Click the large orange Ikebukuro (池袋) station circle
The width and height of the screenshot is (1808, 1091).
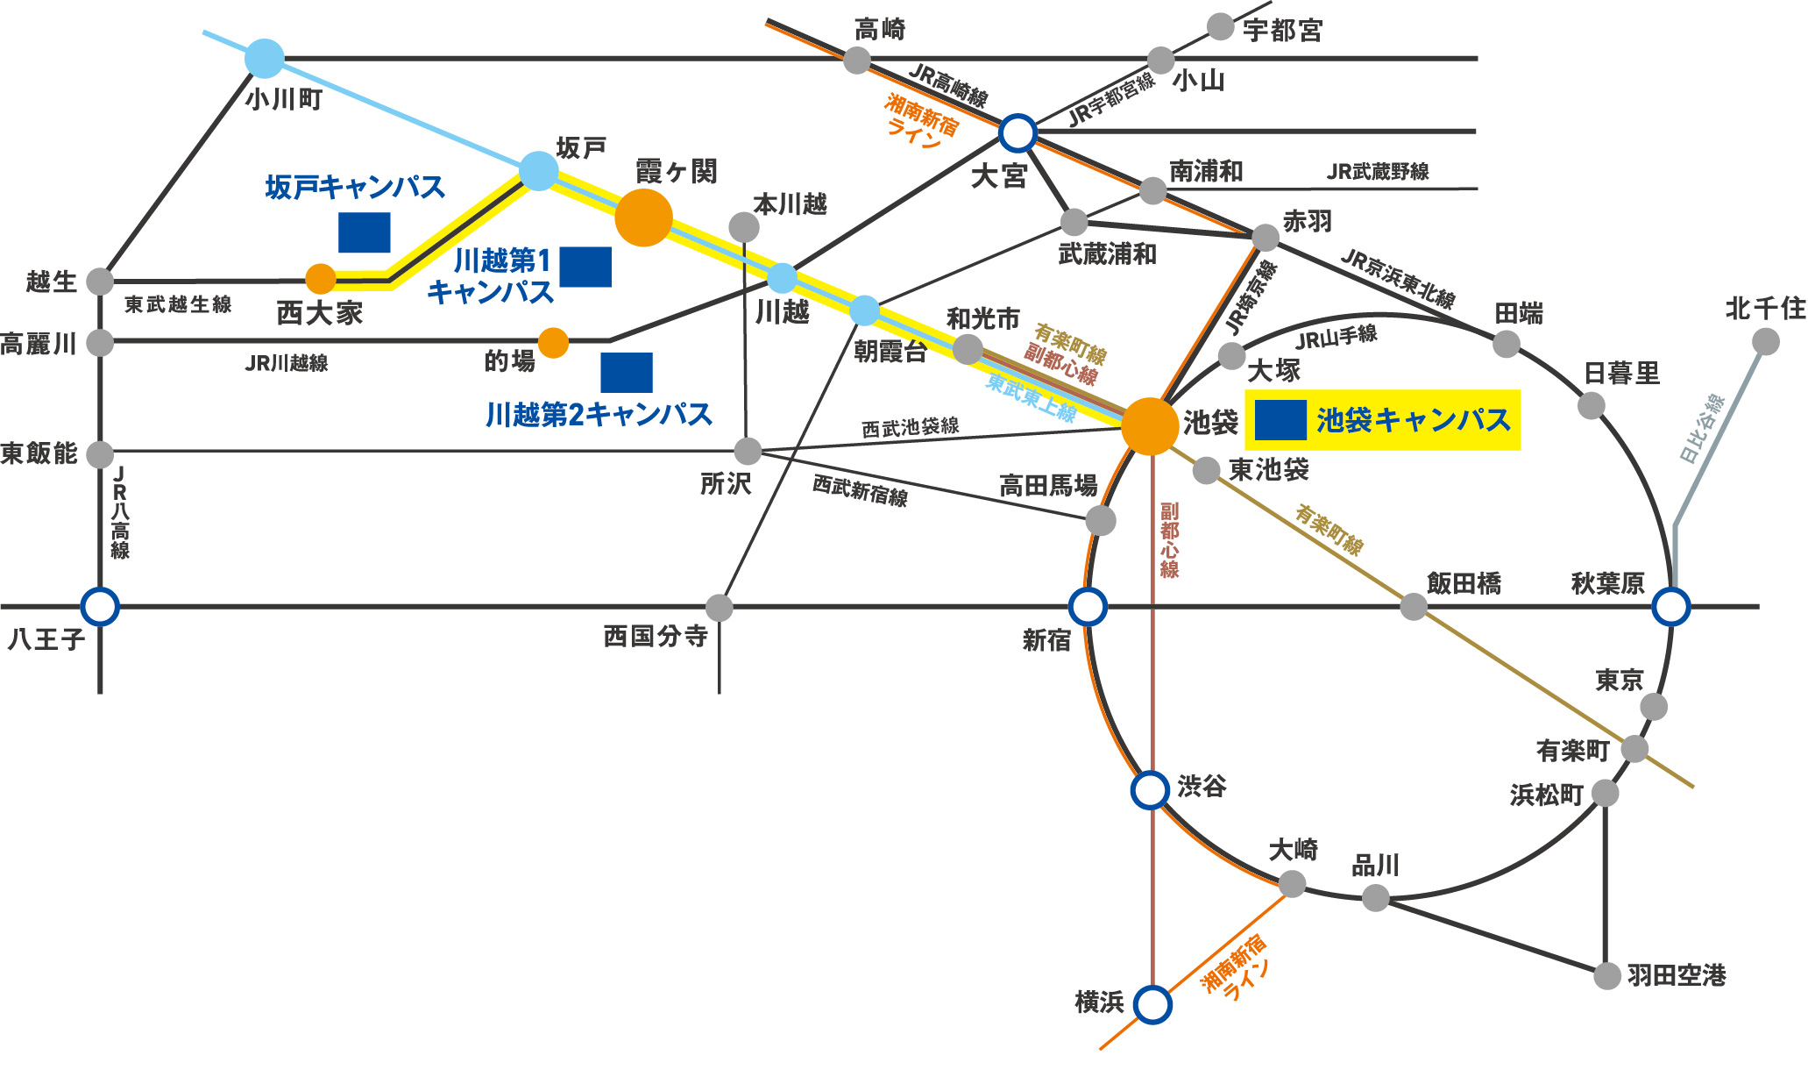(x=1149, y=426)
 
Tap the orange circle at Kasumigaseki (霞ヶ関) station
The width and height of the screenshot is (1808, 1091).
(x=643, y=217)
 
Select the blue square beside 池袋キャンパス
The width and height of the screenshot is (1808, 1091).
(x=1280, y=420)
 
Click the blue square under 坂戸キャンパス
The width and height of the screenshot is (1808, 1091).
(x=365, y=232)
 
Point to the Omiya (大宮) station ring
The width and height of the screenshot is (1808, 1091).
(x=1017, y=133)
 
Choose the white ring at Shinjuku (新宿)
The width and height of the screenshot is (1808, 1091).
(x=1088, y=606)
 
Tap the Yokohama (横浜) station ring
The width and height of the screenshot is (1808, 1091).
(x=1152, y=1005)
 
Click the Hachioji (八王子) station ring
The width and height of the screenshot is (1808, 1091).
(x=100, y=606)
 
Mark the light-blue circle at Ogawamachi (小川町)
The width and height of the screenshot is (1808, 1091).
(x=265, y=59)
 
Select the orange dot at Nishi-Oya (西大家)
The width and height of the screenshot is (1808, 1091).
(x=321, y=279)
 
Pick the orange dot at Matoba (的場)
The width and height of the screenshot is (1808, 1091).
(x=553, y=343)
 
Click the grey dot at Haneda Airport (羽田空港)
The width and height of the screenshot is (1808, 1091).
(x=1606, y=975)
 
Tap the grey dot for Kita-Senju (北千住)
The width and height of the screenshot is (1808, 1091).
(x=1766, y=341)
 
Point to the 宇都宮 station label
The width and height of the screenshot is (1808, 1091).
(x=1282, y=31)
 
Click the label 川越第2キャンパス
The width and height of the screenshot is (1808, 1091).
(x=599, y=415)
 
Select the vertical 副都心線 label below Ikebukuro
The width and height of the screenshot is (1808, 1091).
(x=1169, y=539)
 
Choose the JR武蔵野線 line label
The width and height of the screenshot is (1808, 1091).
(x=1377, y=172)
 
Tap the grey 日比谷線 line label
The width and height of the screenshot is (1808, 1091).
(x=1701, y=429)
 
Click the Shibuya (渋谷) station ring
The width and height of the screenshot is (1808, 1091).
(x=1151, y=789)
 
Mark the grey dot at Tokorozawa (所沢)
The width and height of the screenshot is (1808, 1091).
(x=748, y=452)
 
